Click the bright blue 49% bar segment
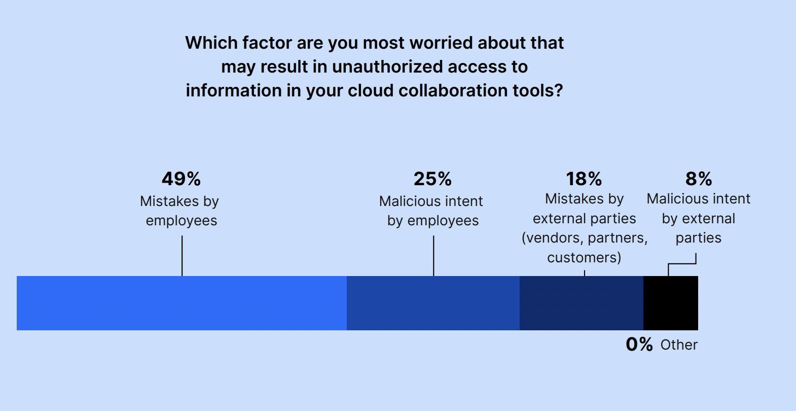pos(182,303)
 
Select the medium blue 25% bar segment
pos(433,303)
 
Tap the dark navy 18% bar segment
pos(582,303)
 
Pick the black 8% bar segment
pos(671,303)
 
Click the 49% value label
pos(181,179)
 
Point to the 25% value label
pos(432,179)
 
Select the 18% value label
pos(584,179)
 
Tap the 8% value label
pos(699,179)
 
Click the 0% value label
pos(639,345)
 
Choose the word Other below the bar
pos(679,345)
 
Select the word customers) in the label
pos(584,257)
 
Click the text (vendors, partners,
pos(585,238)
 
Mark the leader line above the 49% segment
pos(182,256)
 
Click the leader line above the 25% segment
pos(433,256)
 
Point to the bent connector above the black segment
pos(682,264)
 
